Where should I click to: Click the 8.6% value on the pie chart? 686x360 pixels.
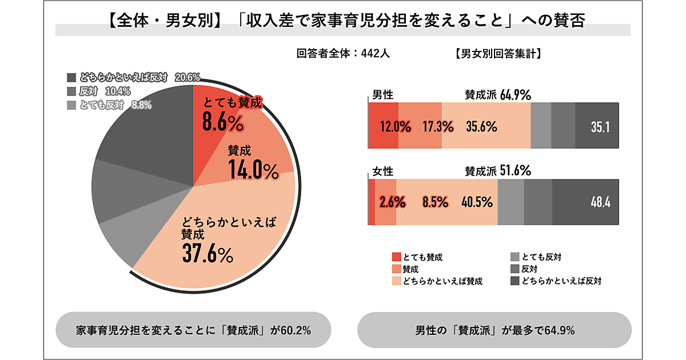[223, 122]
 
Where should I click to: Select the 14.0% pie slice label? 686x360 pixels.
[253, 169]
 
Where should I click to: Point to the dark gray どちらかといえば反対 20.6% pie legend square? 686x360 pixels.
[71, 77]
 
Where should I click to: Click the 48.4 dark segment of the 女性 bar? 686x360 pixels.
[600, 202]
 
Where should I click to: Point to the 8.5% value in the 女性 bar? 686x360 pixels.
[435, 202]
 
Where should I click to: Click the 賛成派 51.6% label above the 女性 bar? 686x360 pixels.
[498, 170]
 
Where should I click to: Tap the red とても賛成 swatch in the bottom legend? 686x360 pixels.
[397, 257]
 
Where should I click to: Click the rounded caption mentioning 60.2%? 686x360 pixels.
[193, 330]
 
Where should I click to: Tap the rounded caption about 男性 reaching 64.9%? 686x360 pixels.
[494, 330]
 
